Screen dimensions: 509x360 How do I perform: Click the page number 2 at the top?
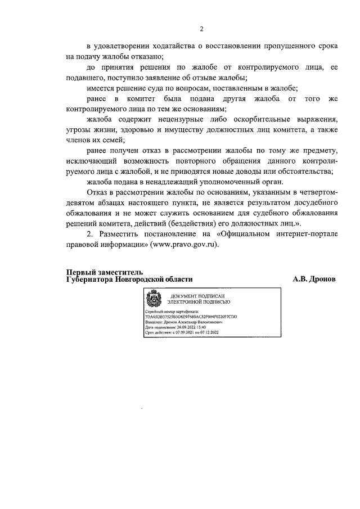coord(201,29)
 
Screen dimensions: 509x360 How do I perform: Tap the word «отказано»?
coord(145,57)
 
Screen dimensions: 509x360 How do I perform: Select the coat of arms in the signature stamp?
coord(152,298)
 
